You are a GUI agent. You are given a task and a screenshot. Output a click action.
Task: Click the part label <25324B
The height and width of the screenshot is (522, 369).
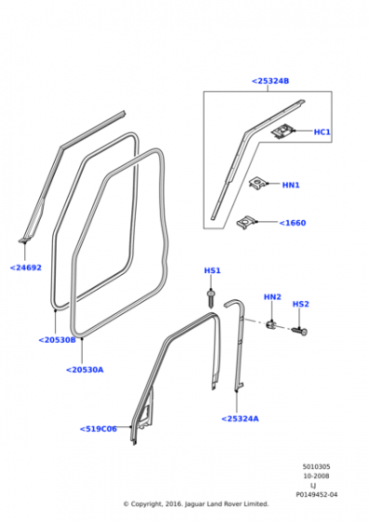[270, 81]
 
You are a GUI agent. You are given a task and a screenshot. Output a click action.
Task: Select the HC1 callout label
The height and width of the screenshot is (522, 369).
[322, 132]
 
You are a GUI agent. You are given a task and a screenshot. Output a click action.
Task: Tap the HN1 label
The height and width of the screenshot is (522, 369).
[291, 185]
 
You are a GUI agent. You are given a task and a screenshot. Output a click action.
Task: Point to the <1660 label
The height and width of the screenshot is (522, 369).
[293, 223]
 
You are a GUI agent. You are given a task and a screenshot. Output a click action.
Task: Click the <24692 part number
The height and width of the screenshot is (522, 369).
[25, 268]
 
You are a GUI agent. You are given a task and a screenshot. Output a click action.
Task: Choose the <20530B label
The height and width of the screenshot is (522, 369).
[57, 340]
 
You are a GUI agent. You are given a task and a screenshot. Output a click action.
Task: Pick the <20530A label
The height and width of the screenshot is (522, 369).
[85, 370]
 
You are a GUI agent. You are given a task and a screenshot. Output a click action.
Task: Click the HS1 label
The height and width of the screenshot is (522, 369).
[212, 270]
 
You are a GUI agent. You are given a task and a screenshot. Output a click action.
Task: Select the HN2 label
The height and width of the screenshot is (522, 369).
[272, 296]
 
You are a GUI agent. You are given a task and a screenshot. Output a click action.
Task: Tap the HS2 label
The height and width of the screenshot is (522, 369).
[301, 304]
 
